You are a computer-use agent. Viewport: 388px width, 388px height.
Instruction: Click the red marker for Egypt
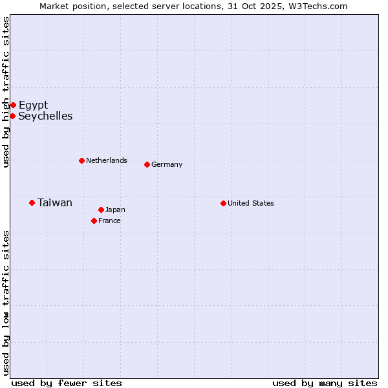[13, 105]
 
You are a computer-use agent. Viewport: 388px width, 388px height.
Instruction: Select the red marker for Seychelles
[12, 116]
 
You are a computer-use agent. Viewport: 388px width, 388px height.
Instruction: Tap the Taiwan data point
[32, 202]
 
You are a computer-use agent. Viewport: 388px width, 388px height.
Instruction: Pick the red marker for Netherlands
[81, 160]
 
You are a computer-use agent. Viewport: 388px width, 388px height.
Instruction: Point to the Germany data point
[147, 164]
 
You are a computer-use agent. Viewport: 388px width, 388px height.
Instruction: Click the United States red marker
[223, 203]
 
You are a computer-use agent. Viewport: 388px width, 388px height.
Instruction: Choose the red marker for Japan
[101, 210]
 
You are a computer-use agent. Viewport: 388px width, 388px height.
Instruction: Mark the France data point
[94, 221]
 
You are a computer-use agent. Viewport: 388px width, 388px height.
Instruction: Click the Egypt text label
[33, 105]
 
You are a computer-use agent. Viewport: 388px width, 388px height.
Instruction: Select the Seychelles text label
[45, 116]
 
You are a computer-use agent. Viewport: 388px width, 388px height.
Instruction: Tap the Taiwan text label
[55, 202]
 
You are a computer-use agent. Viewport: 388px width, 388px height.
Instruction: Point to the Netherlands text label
[107, 160]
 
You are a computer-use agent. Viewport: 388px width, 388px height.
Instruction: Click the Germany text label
[167, 164]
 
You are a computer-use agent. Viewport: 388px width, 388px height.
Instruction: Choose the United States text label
[251, 203]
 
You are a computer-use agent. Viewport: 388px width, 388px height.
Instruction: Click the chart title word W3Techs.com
[318, 6]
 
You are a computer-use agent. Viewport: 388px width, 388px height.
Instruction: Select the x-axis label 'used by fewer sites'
[67, 383]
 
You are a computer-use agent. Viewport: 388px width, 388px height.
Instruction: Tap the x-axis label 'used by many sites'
[325, 383]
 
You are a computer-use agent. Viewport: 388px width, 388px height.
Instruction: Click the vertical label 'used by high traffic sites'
[6, 92]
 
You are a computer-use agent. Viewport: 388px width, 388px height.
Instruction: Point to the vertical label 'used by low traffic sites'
[6, 303]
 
